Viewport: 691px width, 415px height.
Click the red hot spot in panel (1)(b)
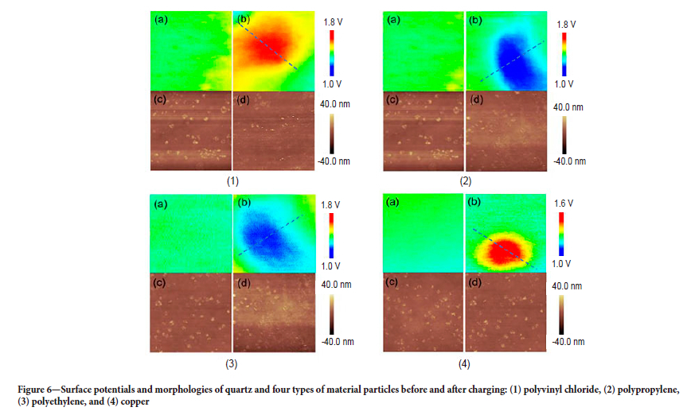[267, 51]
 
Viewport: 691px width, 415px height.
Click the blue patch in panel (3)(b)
[267, 238]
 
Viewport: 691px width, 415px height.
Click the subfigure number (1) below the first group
[232, 181]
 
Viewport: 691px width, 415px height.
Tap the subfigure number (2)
[465, 181]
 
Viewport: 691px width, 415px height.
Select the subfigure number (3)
[232, 365]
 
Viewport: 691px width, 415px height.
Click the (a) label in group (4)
[394, 204]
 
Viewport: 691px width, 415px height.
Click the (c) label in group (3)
[161, 282]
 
